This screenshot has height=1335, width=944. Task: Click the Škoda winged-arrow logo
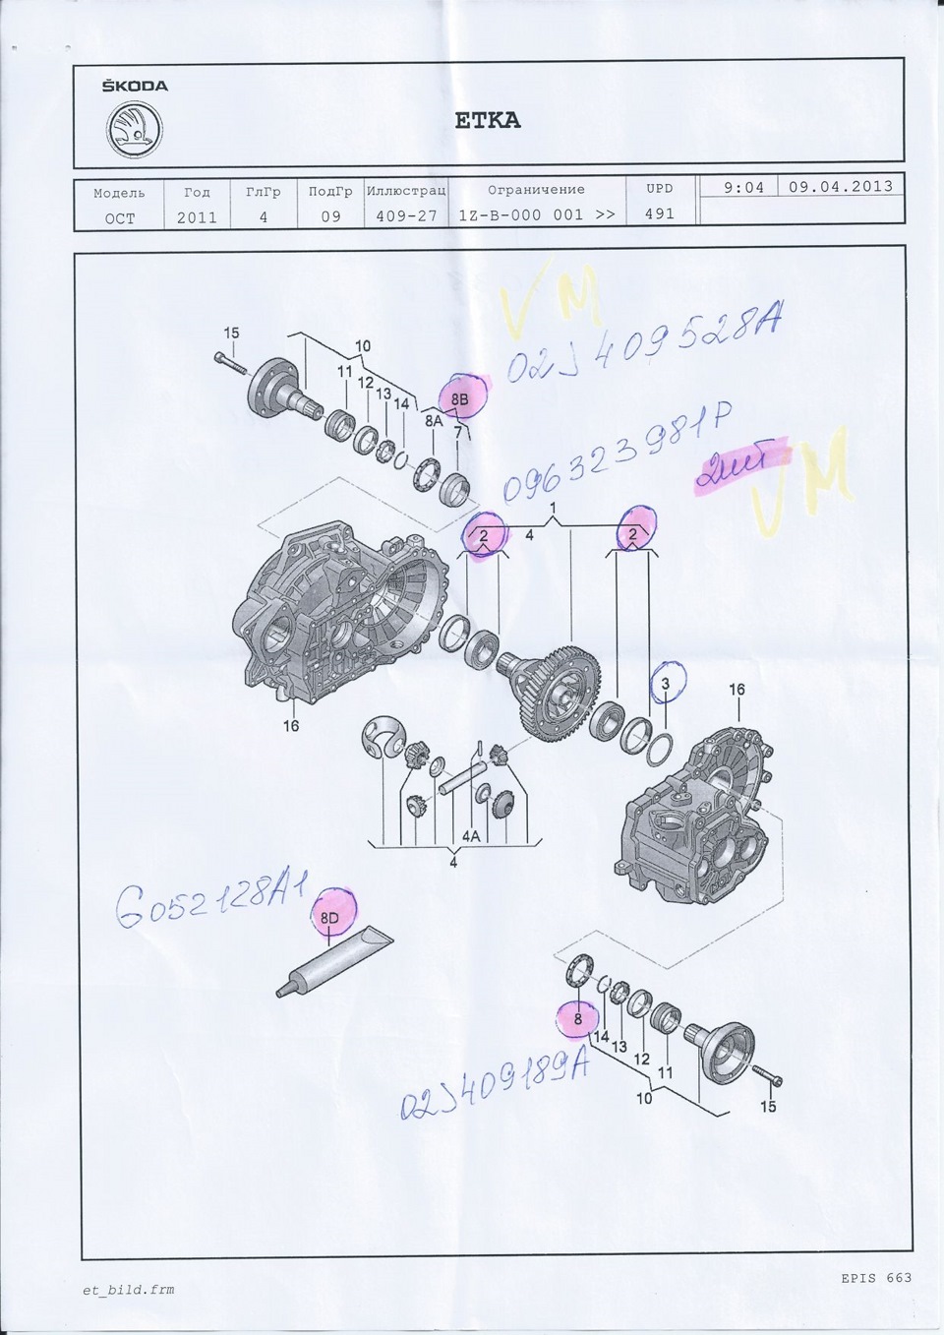click(x=135, y=129)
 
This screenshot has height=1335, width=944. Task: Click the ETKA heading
click(x=487, y=120)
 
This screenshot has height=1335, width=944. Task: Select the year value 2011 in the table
click(x=197, y=217)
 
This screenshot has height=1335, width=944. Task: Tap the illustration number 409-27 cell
click(x=406, y=215)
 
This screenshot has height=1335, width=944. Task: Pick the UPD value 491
click(x=659, y=213)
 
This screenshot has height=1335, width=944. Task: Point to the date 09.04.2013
click(x=840, y=186)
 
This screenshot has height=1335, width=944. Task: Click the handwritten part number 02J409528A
click(x=644, y=343)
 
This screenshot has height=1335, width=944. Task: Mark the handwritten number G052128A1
click(x=211, y=902)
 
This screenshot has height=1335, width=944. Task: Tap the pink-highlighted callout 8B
click(x=460, y=399)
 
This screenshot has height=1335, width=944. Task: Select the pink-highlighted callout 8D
click(x=330, y=917)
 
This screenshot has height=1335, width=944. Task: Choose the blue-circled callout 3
click(x=666, y=684)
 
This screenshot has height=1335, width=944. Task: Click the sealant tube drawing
click(x=334, y=963)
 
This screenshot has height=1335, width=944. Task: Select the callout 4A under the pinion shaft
click(x=471, y=836)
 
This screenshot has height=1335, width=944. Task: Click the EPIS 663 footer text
click(x=875, y=1278)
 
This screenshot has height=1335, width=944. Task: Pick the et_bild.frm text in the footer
click(x=128, y=1290)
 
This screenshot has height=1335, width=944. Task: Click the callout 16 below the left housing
click(x=291, y=726)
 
